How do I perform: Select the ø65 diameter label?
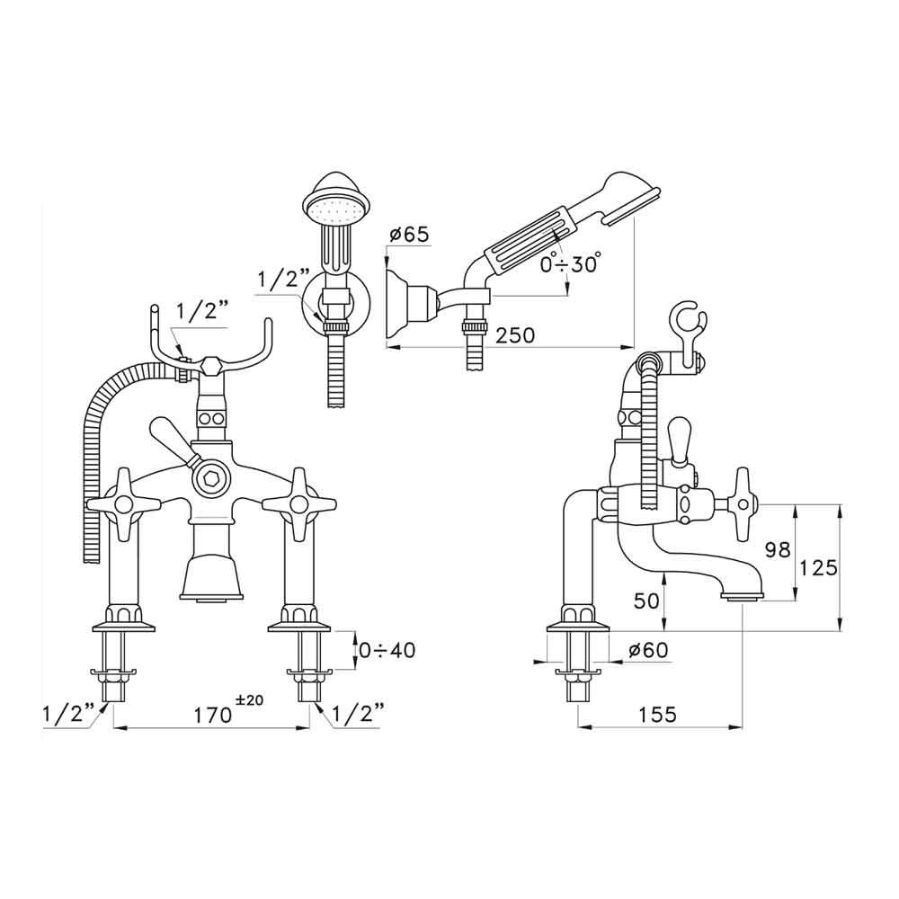point(409,236)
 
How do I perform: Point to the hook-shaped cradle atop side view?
point(690,332)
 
